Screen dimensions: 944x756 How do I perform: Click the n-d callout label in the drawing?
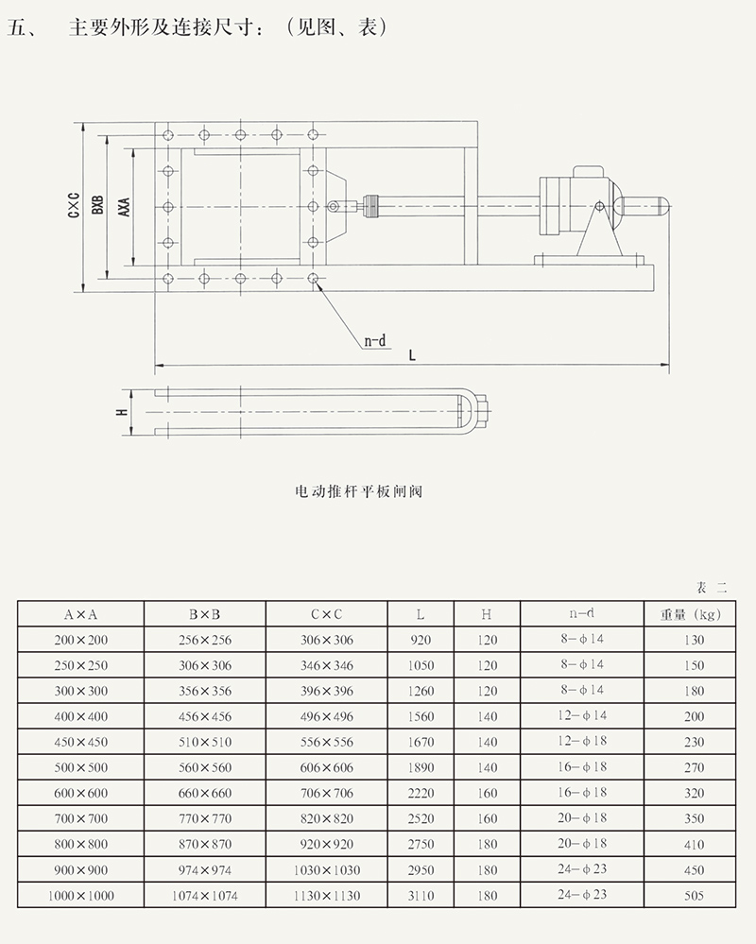coord(376,341)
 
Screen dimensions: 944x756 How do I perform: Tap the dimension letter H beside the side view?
coord(121,413)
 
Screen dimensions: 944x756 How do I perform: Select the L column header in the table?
coord(421,614)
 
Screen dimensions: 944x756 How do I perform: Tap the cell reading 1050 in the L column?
coord(421,665)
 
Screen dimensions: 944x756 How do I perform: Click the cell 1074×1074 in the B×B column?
coord(204,895)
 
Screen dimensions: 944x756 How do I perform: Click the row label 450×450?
coord(81,742)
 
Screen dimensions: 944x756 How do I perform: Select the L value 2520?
coord(421,818)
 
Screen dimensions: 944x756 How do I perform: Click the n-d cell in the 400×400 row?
coord(581,716)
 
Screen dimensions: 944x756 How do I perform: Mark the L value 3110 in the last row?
coord(421,895)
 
